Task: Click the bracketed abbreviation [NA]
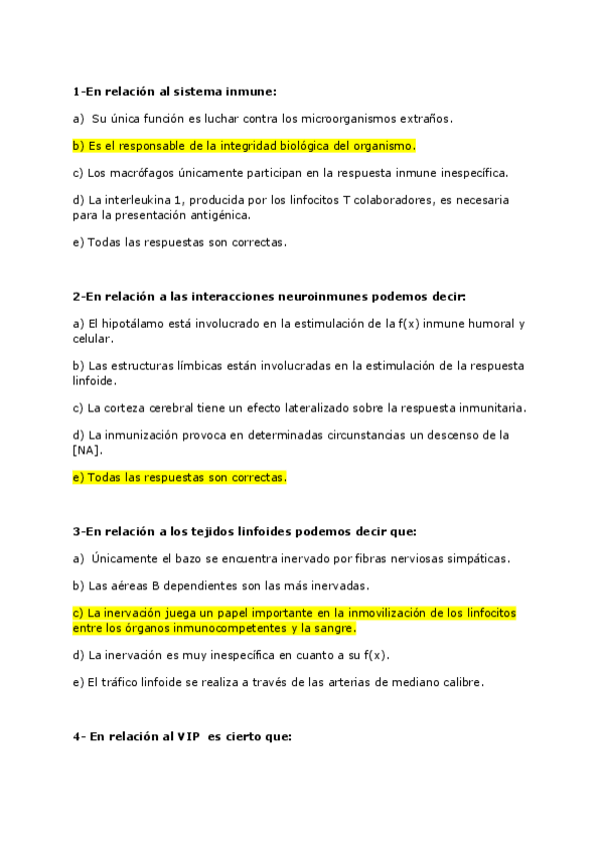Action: [87, 449]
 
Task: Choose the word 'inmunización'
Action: [140, 434]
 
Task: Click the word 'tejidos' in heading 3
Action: [205, 531]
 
